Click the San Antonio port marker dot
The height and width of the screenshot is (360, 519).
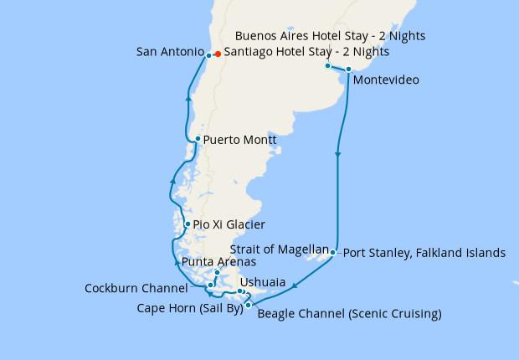pos(208,55)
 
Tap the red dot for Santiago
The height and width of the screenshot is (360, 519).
pos(218,54)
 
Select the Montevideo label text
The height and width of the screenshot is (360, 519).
pos(386,80)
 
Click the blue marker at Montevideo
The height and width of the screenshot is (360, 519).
pos(348,69)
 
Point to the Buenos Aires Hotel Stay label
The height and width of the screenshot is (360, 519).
pos(331,36)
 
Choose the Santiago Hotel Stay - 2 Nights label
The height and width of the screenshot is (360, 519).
pos(306,52)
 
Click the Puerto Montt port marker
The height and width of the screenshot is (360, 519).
pos(197,139)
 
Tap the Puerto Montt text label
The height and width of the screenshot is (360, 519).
pos(239,140)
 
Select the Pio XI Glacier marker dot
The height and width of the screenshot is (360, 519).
pos(188,224)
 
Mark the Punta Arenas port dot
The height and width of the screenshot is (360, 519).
pos(217,273)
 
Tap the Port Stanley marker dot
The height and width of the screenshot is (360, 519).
pos(333,252)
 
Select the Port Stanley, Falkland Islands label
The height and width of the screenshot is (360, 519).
pos(424,252)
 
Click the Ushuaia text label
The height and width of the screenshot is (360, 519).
pos(262,283)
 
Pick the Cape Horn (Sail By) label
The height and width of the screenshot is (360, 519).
pos(190,307)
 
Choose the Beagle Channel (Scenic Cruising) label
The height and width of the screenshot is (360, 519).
pos(349,315)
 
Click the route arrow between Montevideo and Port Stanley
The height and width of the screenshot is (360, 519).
pos(338,155)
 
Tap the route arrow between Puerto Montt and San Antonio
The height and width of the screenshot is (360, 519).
pos(188,99)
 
